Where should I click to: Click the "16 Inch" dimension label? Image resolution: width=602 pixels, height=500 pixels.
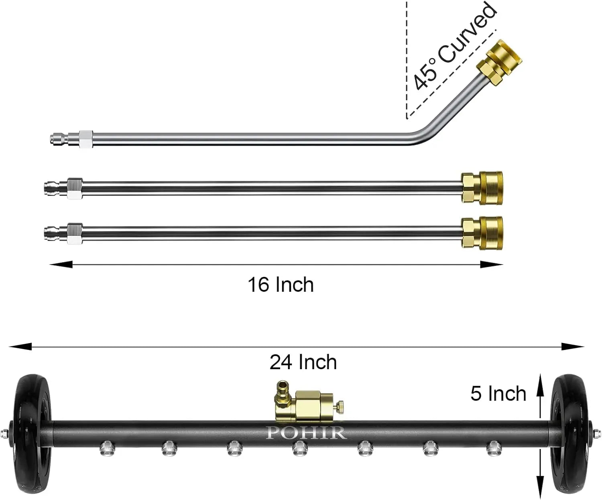click(281, 285)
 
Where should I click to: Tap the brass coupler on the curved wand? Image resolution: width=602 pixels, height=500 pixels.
click(499, 63)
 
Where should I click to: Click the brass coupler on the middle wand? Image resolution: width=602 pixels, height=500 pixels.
click(482, 188)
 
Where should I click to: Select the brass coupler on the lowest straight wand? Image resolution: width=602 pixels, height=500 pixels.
click(482, 233)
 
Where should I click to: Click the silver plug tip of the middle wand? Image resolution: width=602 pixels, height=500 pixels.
click(56, 188)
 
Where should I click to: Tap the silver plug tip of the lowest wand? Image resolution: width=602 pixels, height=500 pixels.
click(56, 233)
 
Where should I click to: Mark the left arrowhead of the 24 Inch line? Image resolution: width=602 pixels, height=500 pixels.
click(20, 347)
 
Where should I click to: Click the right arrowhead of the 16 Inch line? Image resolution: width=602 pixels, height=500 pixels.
click(492, 264)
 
